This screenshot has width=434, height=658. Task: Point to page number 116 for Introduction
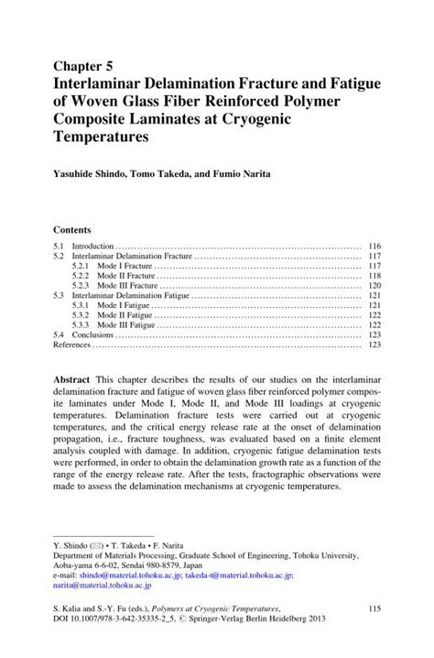[374, 247]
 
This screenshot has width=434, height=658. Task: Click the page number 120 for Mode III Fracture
[374, 286]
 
